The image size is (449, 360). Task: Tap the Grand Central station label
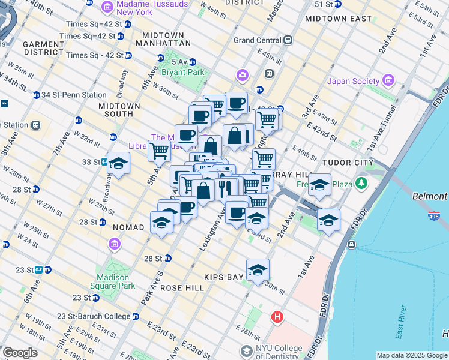click(258, 40)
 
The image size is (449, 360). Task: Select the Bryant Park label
click(182, 72)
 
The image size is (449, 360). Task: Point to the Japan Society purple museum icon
click(388, 81)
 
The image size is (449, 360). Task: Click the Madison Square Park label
click(113, 281)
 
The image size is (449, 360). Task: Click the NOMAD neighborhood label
click(128, 227)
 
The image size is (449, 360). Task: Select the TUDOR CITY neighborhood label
click(348, 163)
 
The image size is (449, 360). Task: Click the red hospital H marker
click(277, 316)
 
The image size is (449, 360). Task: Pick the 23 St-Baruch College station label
click(93, 316)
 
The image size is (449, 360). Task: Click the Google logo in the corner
click(20, 353)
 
